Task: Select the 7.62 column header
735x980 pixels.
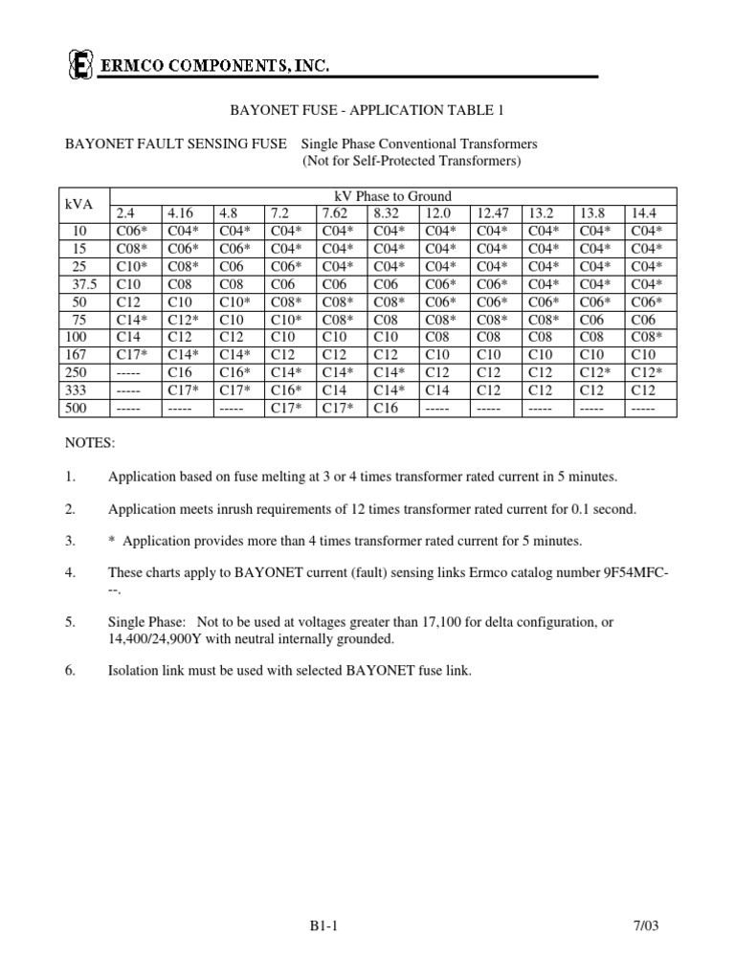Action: tap(337, 212)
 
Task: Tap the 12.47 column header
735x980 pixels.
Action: tap(492, 212)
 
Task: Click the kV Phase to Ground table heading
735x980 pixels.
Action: tap(392, 195)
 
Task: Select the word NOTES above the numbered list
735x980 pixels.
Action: tap(89, 444)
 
